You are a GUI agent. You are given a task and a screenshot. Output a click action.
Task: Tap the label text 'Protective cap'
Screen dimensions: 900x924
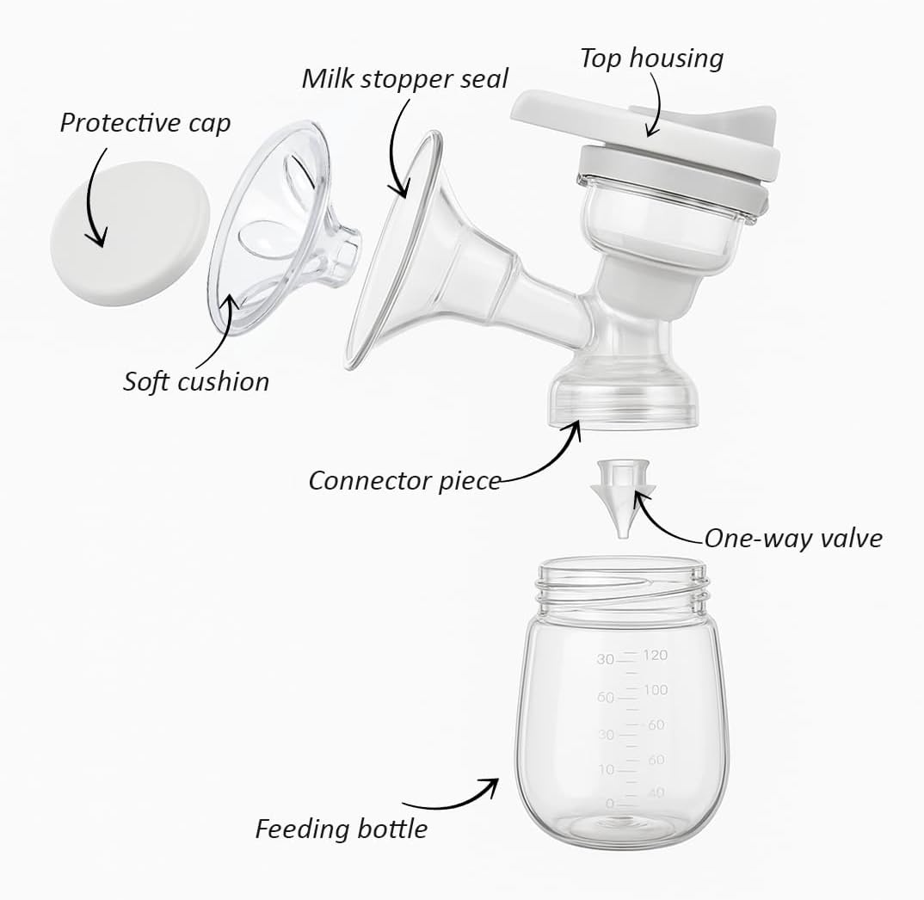point(145,123)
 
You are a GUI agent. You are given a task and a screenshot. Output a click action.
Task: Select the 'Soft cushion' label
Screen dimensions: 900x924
point(196,381)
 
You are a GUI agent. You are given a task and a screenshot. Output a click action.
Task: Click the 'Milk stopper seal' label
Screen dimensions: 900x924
point(404,78)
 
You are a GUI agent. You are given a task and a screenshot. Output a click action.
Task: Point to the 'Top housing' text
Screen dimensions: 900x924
point(651,59)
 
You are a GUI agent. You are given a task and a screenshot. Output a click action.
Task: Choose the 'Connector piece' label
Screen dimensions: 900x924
point(404,480)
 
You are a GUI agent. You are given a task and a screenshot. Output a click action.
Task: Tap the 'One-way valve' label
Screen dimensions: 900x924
point(793,539)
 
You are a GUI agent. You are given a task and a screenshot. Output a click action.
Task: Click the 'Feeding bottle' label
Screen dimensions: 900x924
point(342,829)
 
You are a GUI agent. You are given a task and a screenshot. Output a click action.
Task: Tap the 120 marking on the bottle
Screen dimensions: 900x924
point(655,656)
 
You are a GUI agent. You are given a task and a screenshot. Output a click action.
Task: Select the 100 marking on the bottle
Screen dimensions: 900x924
point(655,690)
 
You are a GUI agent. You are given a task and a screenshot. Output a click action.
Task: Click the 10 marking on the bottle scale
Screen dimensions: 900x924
point(606,769)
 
